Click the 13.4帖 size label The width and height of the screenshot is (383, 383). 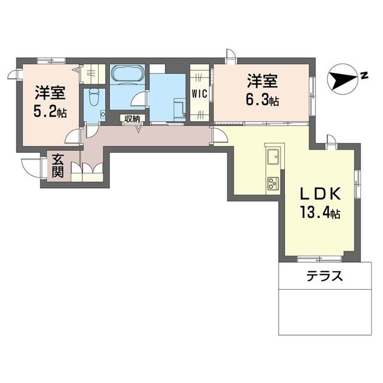(320, 212)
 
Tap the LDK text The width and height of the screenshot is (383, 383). (320, 194)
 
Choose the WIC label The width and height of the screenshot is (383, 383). (199, 93)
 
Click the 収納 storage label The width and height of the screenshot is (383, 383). (132, 118)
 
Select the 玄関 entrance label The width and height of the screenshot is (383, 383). (57, 166)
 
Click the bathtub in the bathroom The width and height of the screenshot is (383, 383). (127, 75)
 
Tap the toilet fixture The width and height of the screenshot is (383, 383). (93, 98)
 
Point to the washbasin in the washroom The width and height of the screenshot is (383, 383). (178, 107)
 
